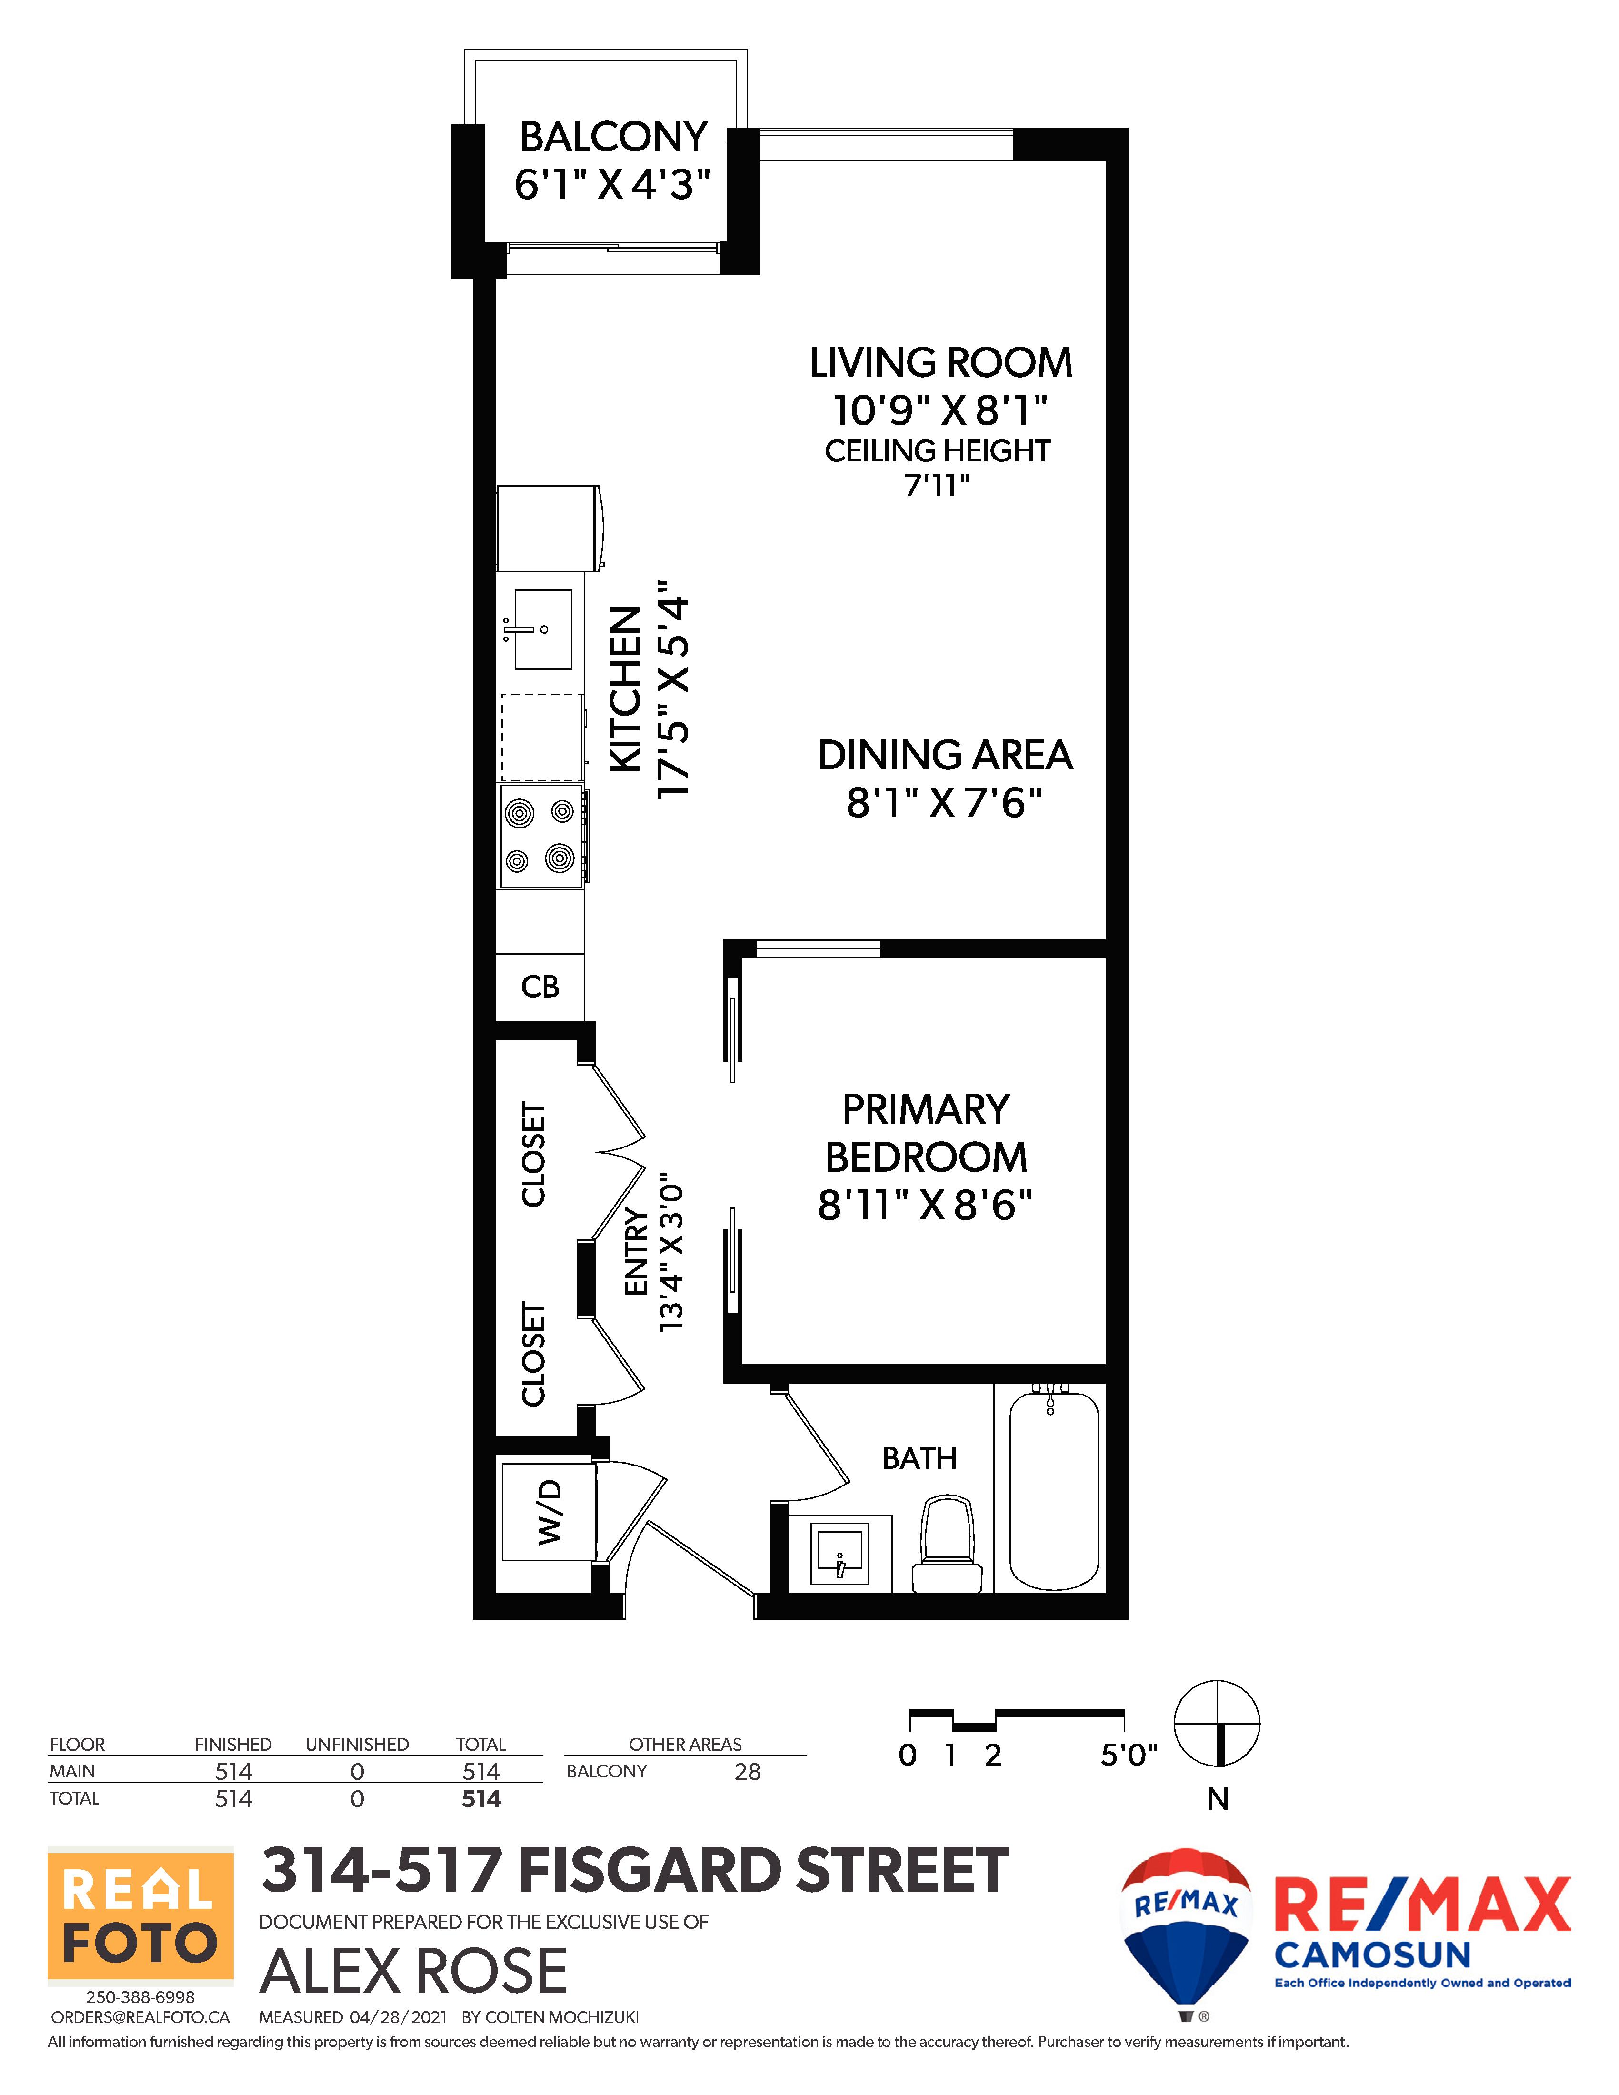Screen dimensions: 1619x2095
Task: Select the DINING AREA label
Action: pos(945,755)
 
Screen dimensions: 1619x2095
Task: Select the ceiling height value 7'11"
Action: pos(937,485)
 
